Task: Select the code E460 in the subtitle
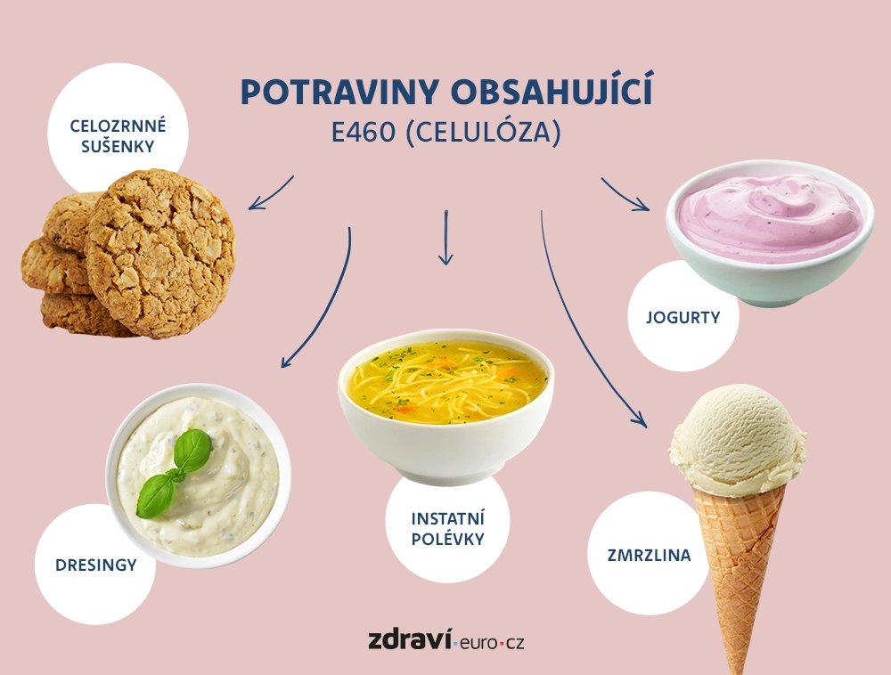pyautogui.click(x=364, y=133)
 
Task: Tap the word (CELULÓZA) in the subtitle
pyautogui.click(x=485, y=133)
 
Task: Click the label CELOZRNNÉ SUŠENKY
pyautogui.click(x=118, y=135)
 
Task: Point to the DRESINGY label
pyautogui.click(x=96, y=565)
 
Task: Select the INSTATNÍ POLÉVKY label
pyautogui.click(x=448, y=529)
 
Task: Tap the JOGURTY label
pyautogui.click(x=683, y=317)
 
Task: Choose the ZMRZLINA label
pyautogui.click(x=649, y=555)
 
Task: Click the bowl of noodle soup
pyautogui.click(x=446, y=403)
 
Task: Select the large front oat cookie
pyautogui.click(x=160, y=254)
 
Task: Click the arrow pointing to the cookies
pyautogui.click(x=271, y=193)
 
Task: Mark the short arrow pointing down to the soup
pyautogui.click(x=446, y=237)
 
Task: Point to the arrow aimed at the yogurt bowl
pyautogui.click(x=625, y=195)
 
